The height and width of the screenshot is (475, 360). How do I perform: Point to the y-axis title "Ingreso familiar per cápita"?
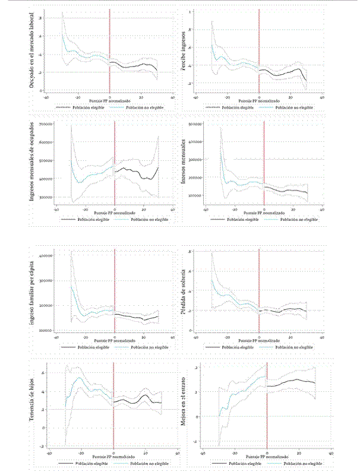[x=31, y=289]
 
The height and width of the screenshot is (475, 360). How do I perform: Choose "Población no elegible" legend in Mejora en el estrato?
[x=303, y=461]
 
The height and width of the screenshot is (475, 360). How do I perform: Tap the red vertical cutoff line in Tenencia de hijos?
[x=113, y=410]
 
